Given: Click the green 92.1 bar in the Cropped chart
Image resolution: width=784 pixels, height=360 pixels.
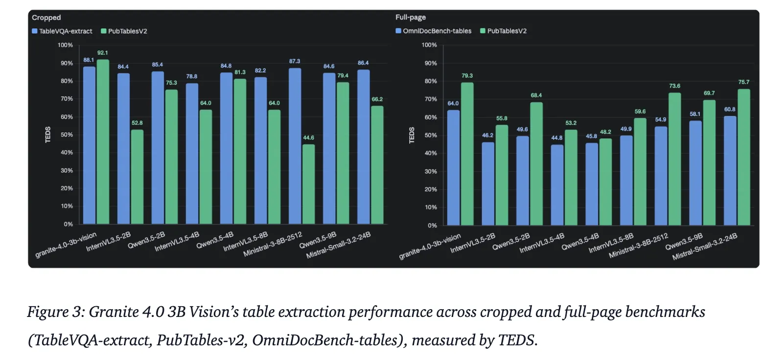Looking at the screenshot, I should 103,142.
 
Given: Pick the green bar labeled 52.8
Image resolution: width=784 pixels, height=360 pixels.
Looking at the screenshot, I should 137,177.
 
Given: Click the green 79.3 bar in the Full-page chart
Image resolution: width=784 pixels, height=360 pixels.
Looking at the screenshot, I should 467,154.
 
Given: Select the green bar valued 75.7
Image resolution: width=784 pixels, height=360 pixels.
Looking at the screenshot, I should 743,157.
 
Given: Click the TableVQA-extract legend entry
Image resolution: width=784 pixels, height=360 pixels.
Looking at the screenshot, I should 62,31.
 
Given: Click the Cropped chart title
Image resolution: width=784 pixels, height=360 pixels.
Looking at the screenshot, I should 46,18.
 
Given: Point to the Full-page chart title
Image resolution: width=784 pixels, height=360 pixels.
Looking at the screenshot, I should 411,17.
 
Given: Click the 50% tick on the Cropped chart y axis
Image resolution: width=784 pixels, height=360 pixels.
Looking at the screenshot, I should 67,135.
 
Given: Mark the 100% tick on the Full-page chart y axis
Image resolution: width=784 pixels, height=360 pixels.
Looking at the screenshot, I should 429,45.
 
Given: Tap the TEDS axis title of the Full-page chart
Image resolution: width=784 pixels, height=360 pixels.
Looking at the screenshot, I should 412,135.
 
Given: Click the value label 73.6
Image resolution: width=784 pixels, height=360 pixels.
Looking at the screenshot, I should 674,86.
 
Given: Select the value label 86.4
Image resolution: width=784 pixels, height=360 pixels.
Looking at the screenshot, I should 363,63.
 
